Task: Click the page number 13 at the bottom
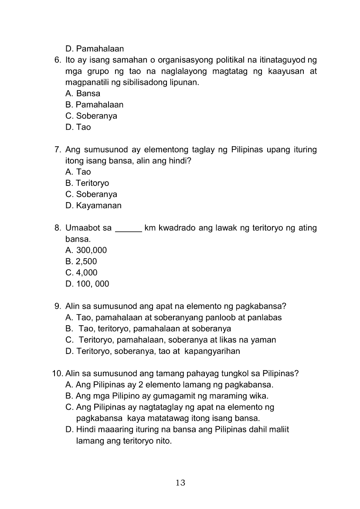180,482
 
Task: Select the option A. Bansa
83,94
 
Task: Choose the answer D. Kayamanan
93,206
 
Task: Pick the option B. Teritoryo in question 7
87,183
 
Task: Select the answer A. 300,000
86,250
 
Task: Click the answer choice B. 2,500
81,262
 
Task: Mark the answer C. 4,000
81,273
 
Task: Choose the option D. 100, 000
87,284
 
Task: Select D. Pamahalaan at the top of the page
95,49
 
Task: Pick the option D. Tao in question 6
78,127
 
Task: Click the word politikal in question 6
227,60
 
